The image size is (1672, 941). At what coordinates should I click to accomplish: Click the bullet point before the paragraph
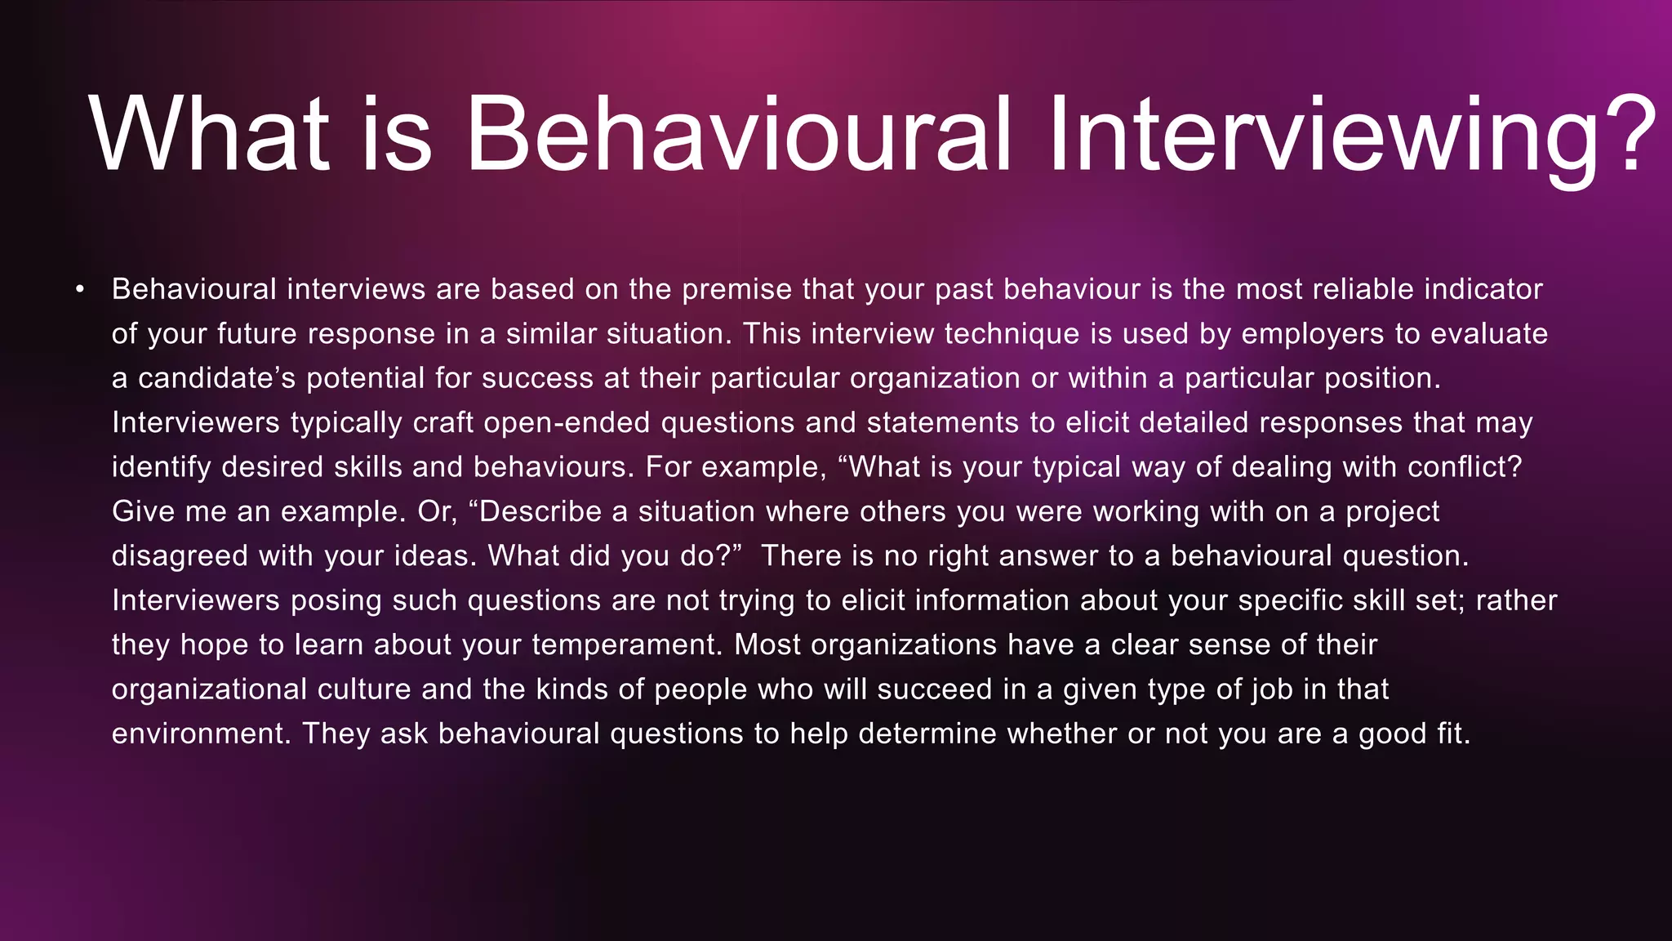(79, 289)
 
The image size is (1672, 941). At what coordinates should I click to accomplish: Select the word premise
(737, 289)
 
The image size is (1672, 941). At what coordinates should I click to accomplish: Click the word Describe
(540, 511)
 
